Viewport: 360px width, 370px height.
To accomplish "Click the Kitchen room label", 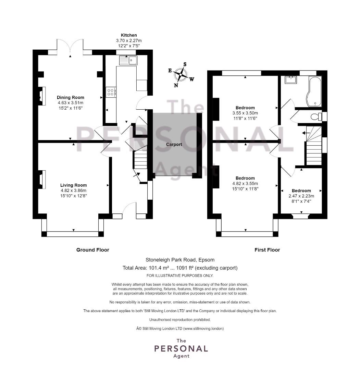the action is click(129, 35).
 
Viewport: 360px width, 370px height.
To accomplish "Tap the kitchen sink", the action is click(128, 60).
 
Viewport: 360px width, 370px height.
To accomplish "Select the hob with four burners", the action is click(111, 91).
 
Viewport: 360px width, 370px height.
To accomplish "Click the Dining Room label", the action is click(71, 97).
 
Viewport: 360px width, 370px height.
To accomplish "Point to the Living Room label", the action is click(73, 185).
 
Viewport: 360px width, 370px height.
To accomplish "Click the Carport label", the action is click(174, 145).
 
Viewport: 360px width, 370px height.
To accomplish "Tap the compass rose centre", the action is click(180, 74).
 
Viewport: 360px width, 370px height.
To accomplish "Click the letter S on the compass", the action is click(185, 64).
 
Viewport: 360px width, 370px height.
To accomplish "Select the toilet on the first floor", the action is click(316, 116).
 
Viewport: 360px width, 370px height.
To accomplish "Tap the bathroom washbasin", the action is click(291, 80).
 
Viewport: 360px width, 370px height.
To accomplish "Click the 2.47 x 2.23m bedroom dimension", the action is click(301, 196).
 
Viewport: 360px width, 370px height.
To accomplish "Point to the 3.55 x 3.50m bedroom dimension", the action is click(245, 113).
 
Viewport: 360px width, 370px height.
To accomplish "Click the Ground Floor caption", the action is click(93, 250).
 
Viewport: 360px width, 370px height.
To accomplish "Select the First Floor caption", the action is click(267, 250).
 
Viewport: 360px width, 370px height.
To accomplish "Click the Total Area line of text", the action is click(180, 268).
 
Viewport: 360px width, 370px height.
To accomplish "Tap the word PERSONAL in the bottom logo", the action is click(181, 348).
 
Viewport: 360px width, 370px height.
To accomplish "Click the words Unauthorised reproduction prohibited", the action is click(180, 320).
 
